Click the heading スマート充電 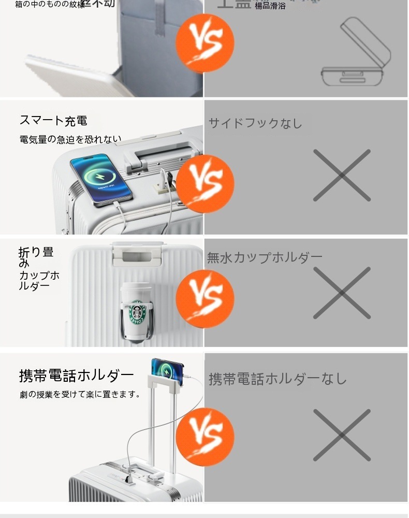click(53, 121)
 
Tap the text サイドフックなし click(255, 123)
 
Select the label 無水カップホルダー click(265, 257)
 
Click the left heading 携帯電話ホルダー click(77, 375)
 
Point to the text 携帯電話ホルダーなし click(277, 379)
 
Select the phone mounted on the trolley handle click(167, 371)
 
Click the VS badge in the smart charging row click(205, 184)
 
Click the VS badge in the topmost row click(205, 42)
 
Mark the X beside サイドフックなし click(342, 176)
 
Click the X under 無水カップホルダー click(342, 293)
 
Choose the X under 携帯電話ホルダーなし click(342, 435)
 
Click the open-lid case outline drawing click(355, 54)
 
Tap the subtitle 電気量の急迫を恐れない click(70, 139)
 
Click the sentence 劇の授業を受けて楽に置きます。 click(80, 394)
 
